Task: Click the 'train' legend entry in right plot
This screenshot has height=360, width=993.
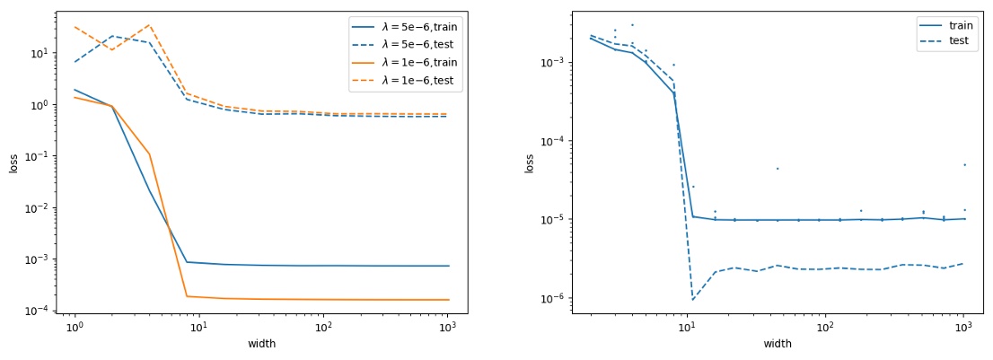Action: (x=961, y=25)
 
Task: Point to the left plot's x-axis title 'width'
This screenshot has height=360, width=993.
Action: (x=261, y=344)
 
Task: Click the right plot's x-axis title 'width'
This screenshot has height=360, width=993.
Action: (x=778, y=344)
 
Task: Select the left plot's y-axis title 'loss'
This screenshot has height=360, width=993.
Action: (x=13, y=163)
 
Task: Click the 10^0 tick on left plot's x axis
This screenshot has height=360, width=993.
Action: (x=75, y=327)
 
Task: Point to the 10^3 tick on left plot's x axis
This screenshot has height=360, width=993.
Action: (x=448, y=327)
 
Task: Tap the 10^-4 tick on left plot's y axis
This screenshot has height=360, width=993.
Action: (x=39, y=311)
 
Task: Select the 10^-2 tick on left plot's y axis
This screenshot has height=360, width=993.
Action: (x=39, y=207)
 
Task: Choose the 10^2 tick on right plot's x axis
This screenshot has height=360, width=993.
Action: (x=825, y=327)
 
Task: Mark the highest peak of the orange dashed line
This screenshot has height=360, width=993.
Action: (x=149, y=25)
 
